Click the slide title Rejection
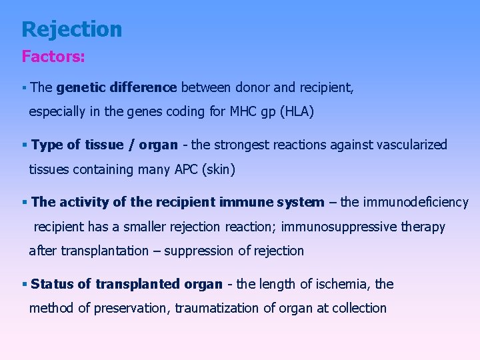72,29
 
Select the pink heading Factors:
53,57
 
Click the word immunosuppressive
338,227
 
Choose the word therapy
423,227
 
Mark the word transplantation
105,251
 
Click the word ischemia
341,284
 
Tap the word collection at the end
357,309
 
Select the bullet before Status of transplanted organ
24,285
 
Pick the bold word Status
53,284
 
